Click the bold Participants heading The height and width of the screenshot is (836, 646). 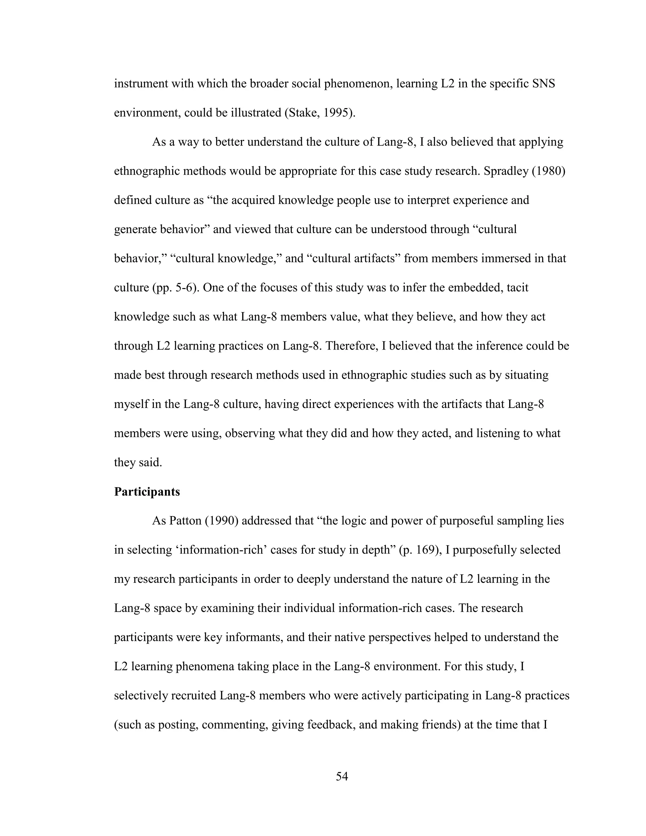(x=147, y=492)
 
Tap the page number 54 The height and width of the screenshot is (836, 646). (x=342, y=776)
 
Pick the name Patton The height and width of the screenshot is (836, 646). (x=185, y=521)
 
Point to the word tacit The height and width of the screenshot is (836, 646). (x=517, y=287)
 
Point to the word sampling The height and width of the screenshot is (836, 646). (x=519, y=521)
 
